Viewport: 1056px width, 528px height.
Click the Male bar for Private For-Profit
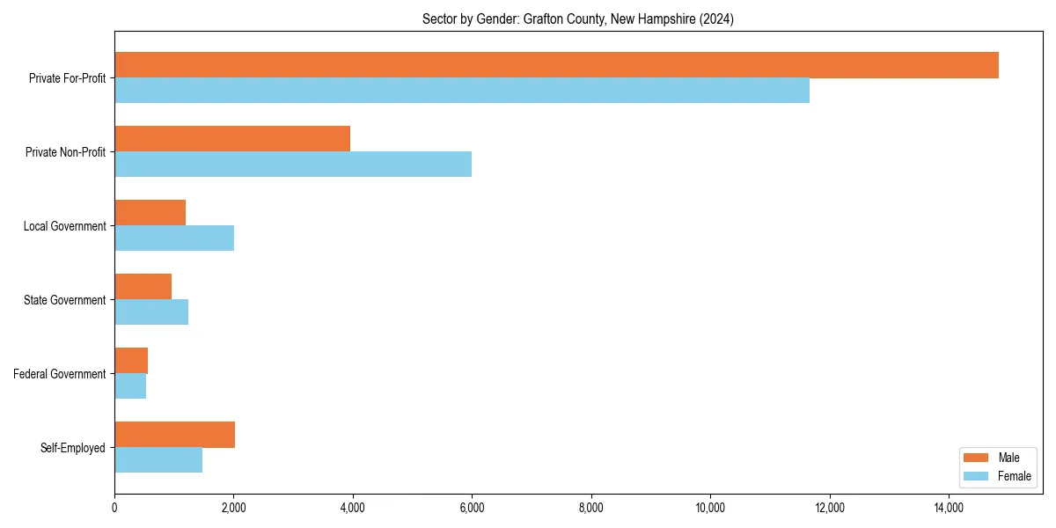[x=556, y=65]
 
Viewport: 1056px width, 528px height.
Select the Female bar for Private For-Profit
[x=462, y=91]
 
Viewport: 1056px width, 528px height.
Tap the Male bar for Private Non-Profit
[x=232, y=139]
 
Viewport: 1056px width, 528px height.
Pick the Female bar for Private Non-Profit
[x=293, y=165]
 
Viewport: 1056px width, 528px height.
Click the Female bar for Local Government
[x=174, y=238]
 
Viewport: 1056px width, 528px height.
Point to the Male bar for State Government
[x=143, y=287]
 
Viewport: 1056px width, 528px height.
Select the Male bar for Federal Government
[x=131, y=361]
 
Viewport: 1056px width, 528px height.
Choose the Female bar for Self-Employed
[x=158, y=460]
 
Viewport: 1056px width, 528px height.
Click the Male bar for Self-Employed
[x=174, y=435]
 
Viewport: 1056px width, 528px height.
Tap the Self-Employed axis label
[x=73, y=448]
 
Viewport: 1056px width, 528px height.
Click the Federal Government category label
[x=60, y=374]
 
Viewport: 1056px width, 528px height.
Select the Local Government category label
[x=64, y=226]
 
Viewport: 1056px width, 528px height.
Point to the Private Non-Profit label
[x=65, y=152]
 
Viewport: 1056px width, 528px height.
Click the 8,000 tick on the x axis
[x=591, y=508]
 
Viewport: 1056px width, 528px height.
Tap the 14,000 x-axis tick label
[x=949, y=508]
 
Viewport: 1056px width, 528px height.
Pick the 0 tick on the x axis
[x=114, y=508]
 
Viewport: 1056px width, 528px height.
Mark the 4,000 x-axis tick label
[x=353, y=508]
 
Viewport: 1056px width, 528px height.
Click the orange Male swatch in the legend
[x=976, y=458]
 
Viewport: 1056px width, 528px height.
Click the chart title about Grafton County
[x=578, y=18]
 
